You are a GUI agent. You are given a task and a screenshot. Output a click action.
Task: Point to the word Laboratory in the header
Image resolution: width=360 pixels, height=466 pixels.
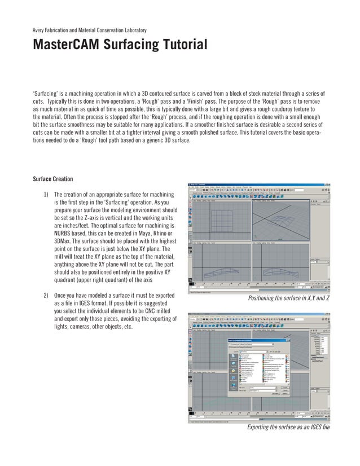point(134,29)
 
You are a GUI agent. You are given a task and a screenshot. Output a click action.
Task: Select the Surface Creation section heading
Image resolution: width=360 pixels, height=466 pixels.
point(52,179)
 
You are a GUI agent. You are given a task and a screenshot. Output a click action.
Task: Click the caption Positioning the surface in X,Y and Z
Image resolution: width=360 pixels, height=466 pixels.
point(288,297)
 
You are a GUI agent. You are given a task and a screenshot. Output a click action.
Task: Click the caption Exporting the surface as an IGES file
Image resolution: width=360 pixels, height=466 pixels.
point(288,427)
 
